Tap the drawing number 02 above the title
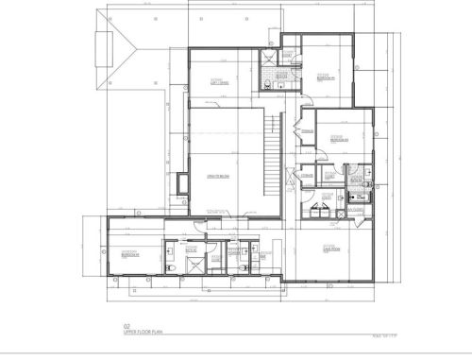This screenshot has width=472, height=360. point(113,327)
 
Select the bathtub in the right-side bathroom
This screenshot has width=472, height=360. point(358,197)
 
